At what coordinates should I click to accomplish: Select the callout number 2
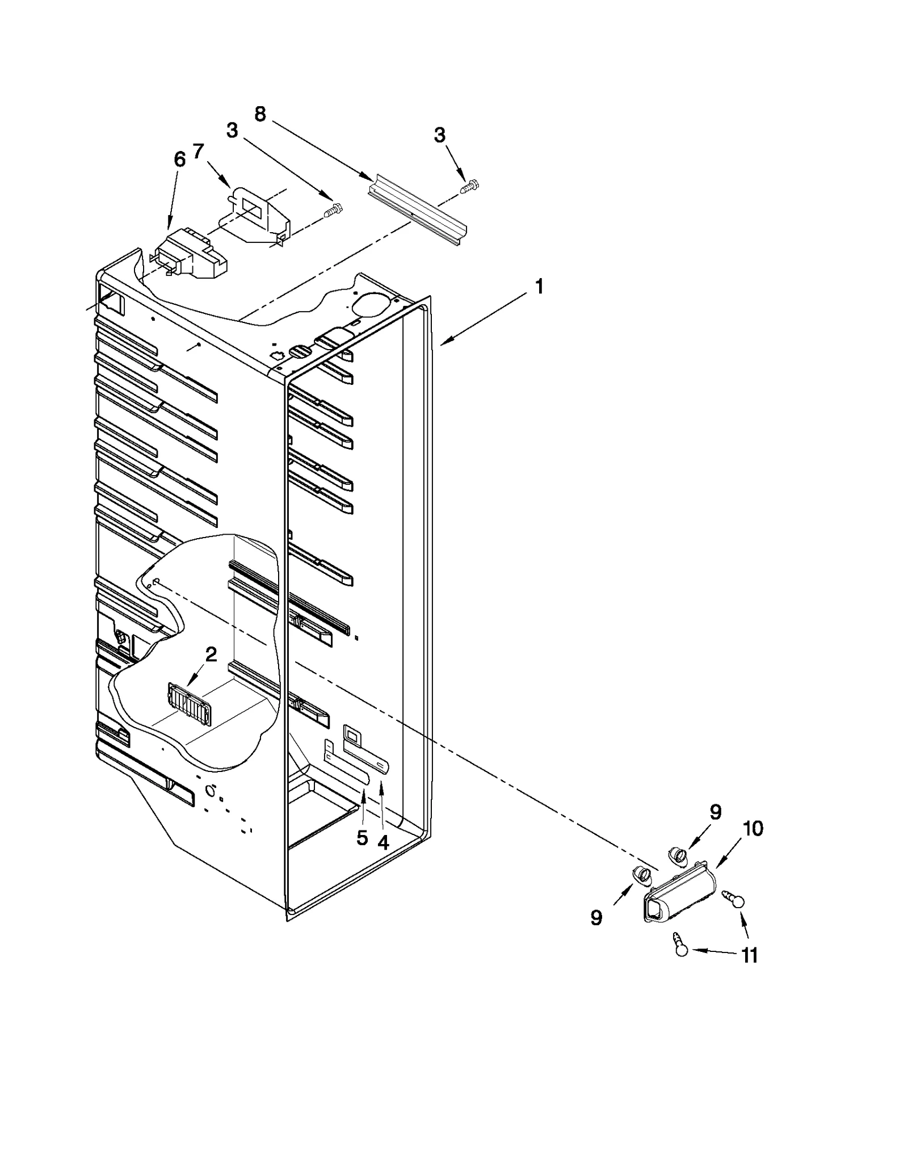click(x=211, y=655)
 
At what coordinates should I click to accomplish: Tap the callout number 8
click(x=259, y=114)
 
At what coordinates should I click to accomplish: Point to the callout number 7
click(x=197, y=152)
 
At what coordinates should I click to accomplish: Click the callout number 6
click(x=179, y=160)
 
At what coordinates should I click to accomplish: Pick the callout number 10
click(x=753, y=828)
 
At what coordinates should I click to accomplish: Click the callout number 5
click(x=362, y=838)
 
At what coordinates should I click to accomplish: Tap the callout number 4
click(x=384, y=843)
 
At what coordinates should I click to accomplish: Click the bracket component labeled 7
click(x=258, y=213)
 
